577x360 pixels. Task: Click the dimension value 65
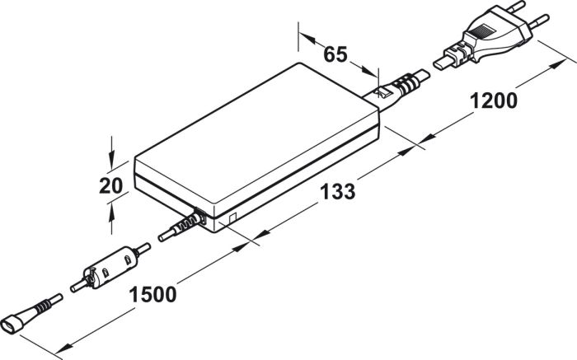(x=335, y=54)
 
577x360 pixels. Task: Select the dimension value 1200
(x=494, y=101)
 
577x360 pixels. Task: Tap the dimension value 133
(x=337, y=192)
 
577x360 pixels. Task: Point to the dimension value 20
(x=110, y=185)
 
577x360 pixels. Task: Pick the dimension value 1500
(x=152, y=295)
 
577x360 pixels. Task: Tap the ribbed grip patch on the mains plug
(x=482, y=30)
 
